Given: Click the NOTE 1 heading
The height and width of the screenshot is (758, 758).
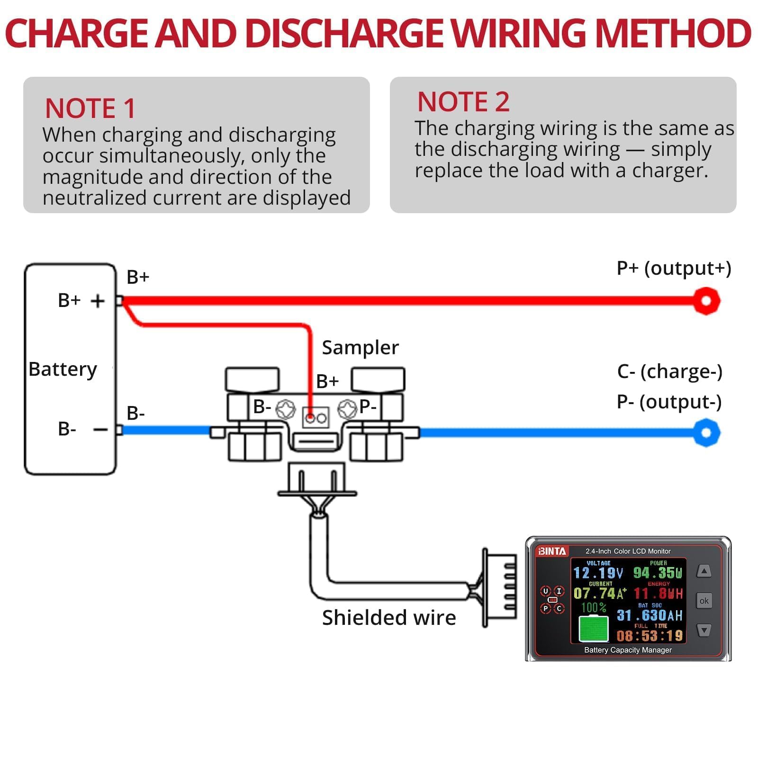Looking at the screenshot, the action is [x=90, y=108].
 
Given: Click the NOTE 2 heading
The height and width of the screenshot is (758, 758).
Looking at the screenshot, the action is [x=463, y=102].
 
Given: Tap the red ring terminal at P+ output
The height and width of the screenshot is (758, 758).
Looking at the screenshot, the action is [x=706, y=301].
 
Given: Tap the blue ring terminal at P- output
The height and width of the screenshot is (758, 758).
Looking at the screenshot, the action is [x=706, y=433].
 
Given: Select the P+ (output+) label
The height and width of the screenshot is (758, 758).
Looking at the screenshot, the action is [x=674, y=269].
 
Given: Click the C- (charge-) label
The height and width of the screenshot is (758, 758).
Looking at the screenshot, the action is [x=669, y=372].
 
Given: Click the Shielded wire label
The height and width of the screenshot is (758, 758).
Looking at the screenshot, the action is [x=389, y=618].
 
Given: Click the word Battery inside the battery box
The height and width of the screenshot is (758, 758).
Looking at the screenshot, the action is [x=63, y=370].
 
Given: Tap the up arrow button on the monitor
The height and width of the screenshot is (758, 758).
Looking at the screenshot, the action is [x=704, y=571].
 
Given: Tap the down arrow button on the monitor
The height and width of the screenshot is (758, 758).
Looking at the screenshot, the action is [x=704, y=630].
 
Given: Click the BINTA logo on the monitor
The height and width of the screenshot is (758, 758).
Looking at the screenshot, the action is [x=551, y=551].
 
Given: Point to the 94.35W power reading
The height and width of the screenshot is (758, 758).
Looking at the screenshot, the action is [x=658, y=573].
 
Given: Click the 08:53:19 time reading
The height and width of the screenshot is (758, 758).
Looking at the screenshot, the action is [x=650, y=636].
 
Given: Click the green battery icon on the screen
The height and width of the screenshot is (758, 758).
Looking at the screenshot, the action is [x=594, y=629].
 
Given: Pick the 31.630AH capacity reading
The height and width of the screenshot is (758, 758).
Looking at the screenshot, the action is [x=650, y=615].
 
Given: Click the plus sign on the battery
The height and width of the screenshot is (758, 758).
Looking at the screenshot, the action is [x=98, y=301].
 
